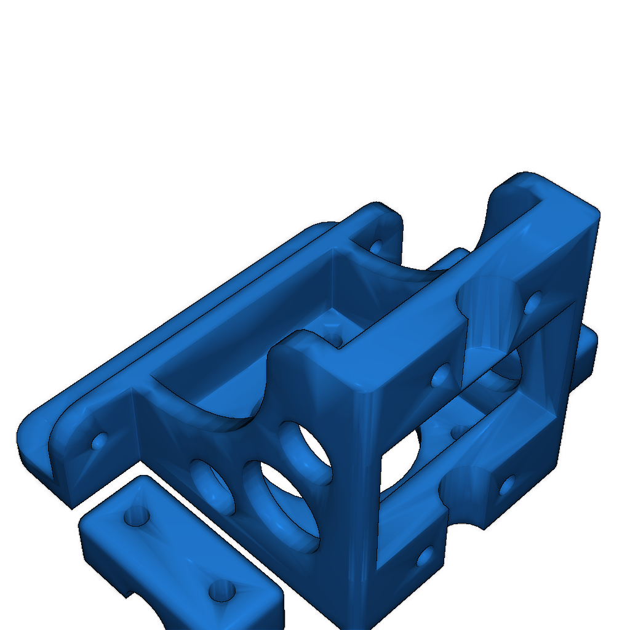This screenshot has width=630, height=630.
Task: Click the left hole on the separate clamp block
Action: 137,516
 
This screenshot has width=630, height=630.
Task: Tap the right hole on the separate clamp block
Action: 221,591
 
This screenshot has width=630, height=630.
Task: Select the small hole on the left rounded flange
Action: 99,441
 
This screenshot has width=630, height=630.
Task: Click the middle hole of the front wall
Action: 283,501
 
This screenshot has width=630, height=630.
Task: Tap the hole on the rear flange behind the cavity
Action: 376,246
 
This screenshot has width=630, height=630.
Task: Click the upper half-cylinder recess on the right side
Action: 489,314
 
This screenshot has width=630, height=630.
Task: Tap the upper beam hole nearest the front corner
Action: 441,375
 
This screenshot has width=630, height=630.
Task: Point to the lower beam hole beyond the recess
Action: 507,485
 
